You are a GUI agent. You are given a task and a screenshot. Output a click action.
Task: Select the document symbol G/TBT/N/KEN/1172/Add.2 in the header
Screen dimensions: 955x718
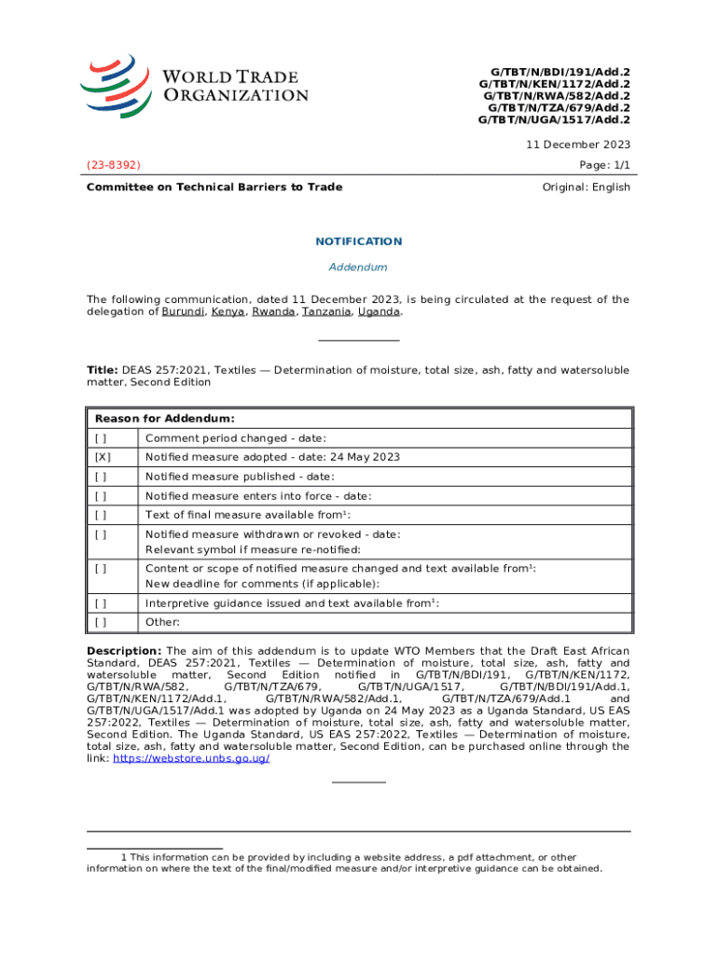click(554, 83)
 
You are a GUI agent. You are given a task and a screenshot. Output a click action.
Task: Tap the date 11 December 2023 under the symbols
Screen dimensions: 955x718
click(578, 145)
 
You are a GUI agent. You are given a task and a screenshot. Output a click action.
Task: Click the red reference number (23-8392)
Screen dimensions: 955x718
click(113, 165)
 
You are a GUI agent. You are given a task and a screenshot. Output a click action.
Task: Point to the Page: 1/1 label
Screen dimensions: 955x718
click(605, 165)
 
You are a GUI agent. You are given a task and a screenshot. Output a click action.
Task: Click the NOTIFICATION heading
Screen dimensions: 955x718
click(358, 242)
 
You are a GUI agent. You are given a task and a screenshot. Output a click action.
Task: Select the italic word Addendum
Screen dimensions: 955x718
click(358, 268)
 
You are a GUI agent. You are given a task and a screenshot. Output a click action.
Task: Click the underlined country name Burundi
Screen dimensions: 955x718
click(183, 312)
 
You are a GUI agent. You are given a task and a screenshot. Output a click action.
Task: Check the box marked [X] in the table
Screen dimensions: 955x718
click(103, 457)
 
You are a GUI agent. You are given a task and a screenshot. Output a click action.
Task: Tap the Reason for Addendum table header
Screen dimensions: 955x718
click(164, 419)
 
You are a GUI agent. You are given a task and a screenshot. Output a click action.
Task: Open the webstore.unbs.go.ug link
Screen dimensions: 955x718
click(191, 759)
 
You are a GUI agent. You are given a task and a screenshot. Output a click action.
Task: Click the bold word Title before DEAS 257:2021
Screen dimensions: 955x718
click(102, 370)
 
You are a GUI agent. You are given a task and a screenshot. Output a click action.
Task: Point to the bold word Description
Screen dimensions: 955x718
click(124, 651)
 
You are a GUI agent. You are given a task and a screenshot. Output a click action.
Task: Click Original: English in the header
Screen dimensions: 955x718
click(586, 187)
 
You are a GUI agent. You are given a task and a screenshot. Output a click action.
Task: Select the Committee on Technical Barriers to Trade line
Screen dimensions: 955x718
click(214, 187)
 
